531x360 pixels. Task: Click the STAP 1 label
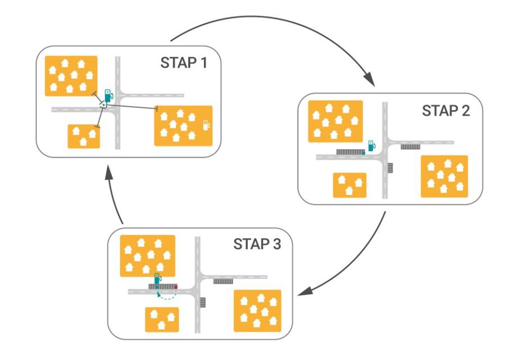tap(184, 63)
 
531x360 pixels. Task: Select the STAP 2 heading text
tap(446, 111)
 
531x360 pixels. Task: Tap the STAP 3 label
tap(256, 244)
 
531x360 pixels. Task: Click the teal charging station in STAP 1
tap(107, 95)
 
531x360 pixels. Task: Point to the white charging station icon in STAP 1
tap(206, 124)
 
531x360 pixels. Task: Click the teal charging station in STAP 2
tap(370, 146)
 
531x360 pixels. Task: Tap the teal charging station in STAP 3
tap(158, 279)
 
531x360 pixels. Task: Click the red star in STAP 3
tap(176, 286)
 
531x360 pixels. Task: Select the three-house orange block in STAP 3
tap(162, 320)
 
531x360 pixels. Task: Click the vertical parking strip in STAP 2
tap(391, 167)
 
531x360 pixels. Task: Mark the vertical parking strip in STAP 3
tap(203, 302)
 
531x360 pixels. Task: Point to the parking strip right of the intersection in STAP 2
tap(410, 147)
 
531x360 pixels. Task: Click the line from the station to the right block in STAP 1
tap(132, 106)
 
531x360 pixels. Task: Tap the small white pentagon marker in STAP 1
tap(103, 104)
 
